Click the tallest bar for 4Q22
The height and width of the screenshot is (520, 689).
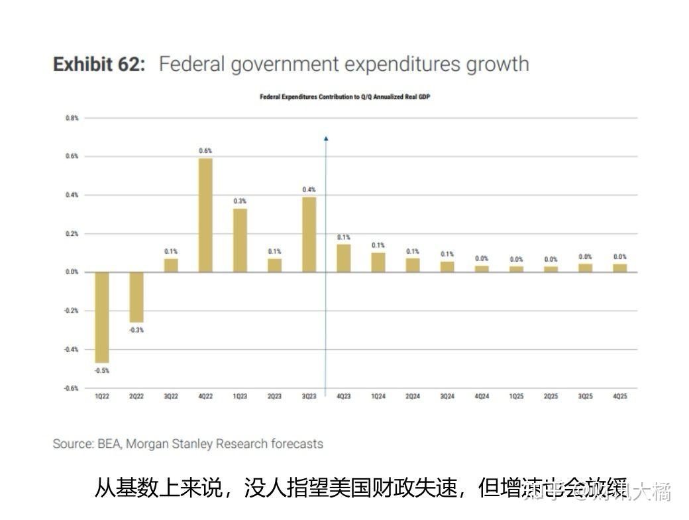(x=205, y=215)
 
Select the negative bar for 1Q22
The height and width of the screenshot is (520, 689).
(x=102, y=317)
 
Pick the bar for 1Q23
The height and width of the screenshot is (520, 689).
(x=240, y=240)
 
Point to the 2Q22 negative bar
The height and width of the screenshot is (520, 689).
(x=136, y=297)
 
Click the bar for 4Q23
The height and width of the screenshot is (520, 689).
(x=343, y=258)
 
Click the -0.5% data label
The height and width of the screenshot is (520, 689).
(x=102, y=371)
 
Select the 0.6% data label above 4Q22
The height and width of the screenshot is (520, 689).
(x=205, y=151)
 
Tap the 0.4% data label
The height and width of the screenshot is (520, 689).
(x=309, y=189)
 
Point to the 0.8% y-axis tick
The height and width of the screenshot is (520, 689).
(x=72, y=118)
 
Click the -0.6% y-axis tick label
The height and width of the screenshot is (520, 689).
(x=71, y=388)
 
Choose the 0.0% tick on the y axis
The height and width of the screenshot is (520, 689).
(x=72, y=272)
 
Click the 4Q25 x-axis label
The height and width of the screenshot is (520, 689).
(x=619, y=397)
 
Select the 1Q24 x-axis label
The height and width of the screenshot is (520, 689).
(x=378, y=397)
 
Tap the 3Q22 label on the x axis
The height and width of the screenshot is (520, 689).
(x=171, y=397)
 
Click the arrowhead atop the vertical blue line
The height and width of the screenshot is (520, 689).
(x=326, y=138)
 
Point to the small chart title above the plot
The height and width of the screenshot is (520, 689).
(x=344, y=97)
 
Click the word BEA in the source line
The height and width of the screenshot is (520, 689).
(x=108, y=444)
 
